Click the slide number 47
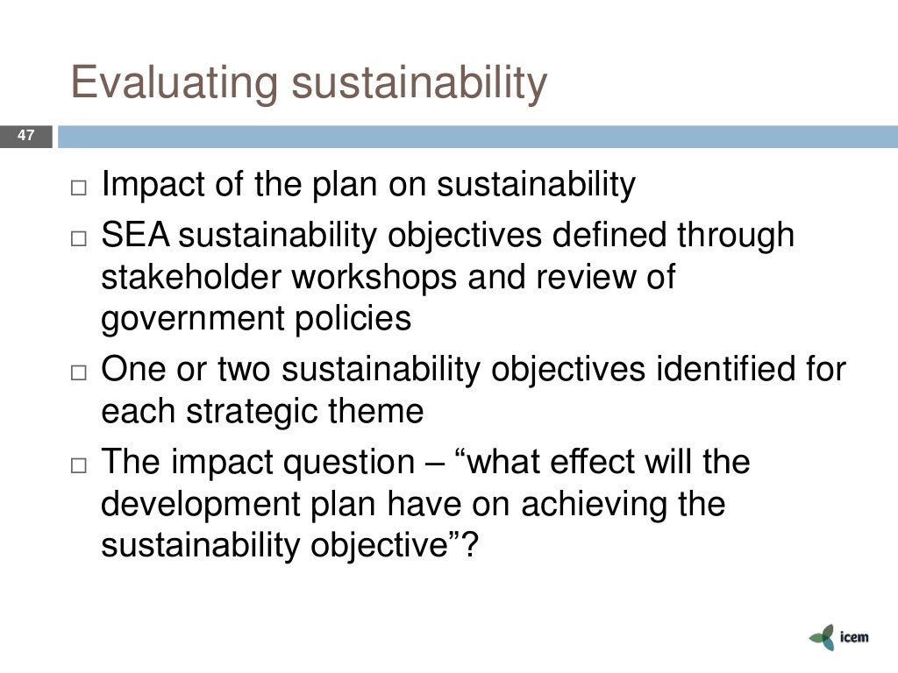(x=25, y=136)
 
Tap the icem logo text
(x=852, y=637)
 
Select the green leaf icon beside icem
(x=822, y=637)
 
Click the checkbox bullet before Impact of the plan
(x=81, y=188)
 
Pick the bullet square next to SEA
(x=81, y=238)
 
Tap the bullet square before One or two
(x=81, y=372)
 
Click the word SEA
(x=138, y=235)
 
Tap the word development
(x=194, y=504)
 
